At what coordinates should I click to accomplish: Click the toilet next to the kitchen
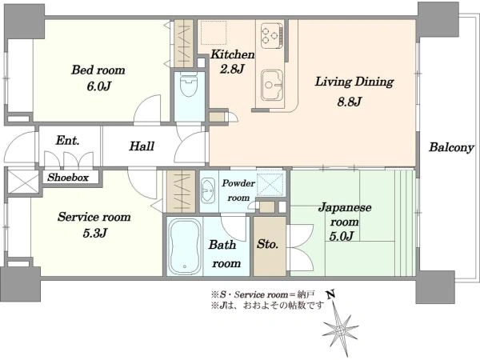[189, 85]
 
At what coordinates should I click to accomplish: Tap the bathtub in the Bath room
[185, 246]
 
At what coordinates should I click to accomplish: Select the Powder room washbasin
[208, 190]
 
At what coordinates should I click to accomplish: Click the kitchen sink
[273, 85]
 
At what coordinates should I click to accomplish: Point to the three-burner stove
[272, 36]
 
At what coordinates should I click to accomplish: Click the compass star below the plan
[340, 330]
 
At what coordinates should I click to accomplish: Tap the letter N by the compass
[330, 294]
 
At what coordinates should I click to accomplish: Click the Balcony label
[451, 147]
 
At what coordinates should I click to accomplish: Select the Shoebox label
[68, 178]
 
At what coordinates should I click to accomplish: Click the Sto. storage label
[267, 244]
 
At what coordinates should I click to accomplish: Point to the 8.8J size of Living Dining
[350, 102]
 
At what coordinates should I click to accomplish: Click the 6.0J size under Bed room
[98, 86]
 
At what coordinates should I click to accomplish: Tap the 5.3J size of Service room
[94, 234]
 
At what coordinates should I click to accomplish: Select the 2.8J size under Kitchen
[232, 69]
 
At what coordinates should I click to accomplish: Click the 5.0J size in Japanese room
[342, 236]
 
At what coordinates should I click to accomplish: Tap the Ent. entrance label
[68, 141]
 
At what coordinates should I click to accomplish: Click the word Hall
[142, 146]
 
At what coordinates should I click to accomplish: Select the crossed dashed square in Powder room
[270, 184]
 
